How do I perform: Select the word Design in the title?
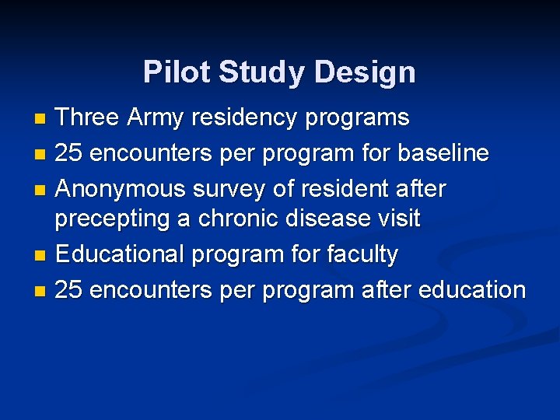pyautogui.click(x=366, y=72)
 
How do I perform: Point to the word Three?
pyautogui.click(x=87, y=118)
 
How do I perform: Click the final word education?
pyautogui.click(x=472, y=289)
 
